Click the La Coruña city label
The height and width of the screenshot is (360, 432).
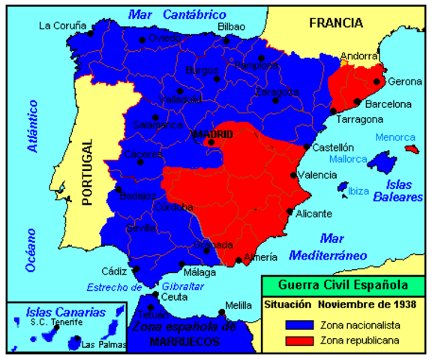[61, 25]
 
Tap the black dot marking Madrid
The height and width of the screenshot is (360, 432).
[211, 142]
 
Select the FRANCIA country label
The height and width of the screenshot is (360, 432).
[335, 22]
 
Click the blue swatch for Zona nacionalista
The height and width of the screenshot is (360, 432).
[298, 325]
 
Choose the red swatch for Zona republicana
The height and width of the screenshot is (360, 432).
[298, 341]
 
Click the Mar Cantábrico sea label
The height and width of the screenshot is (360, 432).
[177, 13]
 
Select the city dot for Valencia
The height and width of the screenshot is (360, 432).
[293, 175]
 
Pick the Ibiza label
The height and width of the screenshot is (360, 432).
[358, 191]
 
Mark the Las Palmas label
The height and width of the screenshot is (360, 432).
[98, 346]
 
